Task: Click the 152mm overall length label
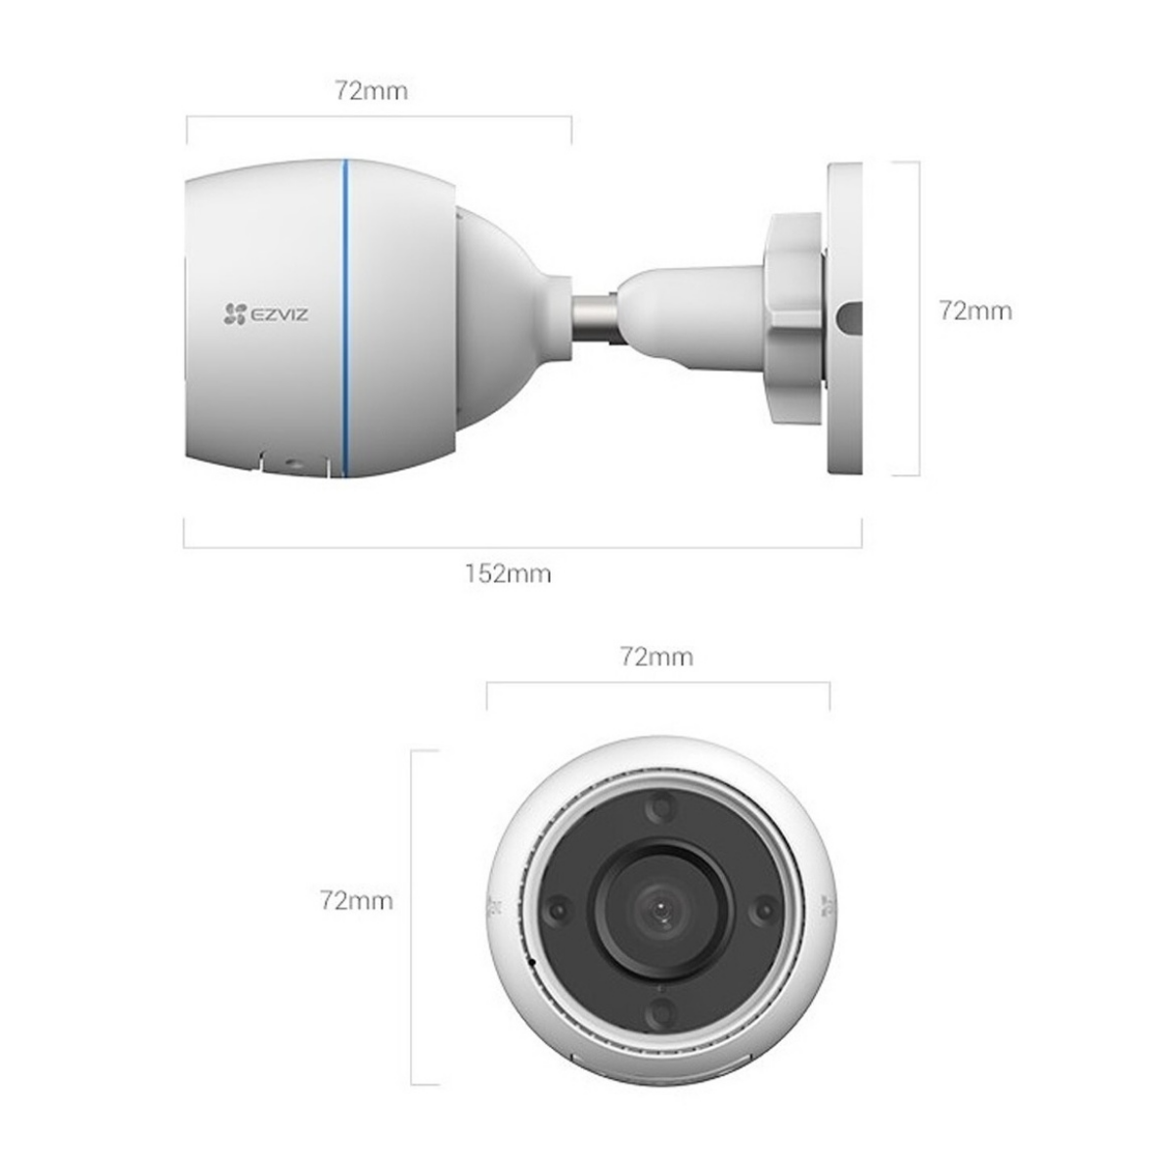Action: [x=507, y=574]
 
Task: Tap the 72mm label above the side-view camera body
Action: [x=371, y=92]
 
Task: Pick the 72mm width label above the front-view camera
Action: [x=656, y=656]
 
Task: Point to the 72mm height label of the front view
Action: [x=356, y=900]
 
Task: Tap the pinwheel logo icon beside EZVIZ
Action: [x=233, y=313]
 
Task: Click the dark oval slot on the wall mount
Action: [x=851, y=317]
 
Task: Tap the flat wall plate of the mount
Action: [x=844, y=411]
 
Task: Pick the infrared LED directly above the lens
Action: [x=660, y=807]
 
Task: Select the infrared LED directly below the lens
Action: [x=660, y=1012]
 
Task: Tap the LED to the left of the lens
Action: [x=558, y=909]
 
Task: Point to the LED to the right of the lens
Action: [x=762, y=910]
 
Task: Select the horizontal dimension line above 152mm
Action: [x=522, y=547]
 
